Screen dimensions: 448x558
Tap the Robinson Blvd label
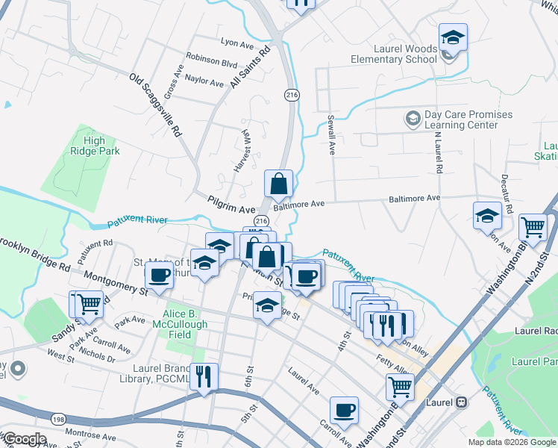coord(211,64)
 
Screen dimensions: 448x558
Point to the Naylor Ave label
coord(204,82)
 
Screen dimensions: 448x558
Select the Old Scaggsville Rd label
coord(156,104)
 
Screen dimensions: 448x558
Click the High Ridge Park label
coord(95,146)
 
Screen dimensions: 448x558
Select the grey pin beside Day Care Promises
coord(412,119)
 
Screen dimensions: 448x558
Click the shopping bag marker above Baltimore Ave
coord(278,183)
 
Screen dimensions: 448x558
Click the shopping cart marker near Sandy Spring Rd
coord(89,303)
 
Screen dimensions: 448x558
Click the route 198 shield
coord(58,420)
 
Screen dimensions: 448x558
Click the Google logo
coord(25,438)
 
